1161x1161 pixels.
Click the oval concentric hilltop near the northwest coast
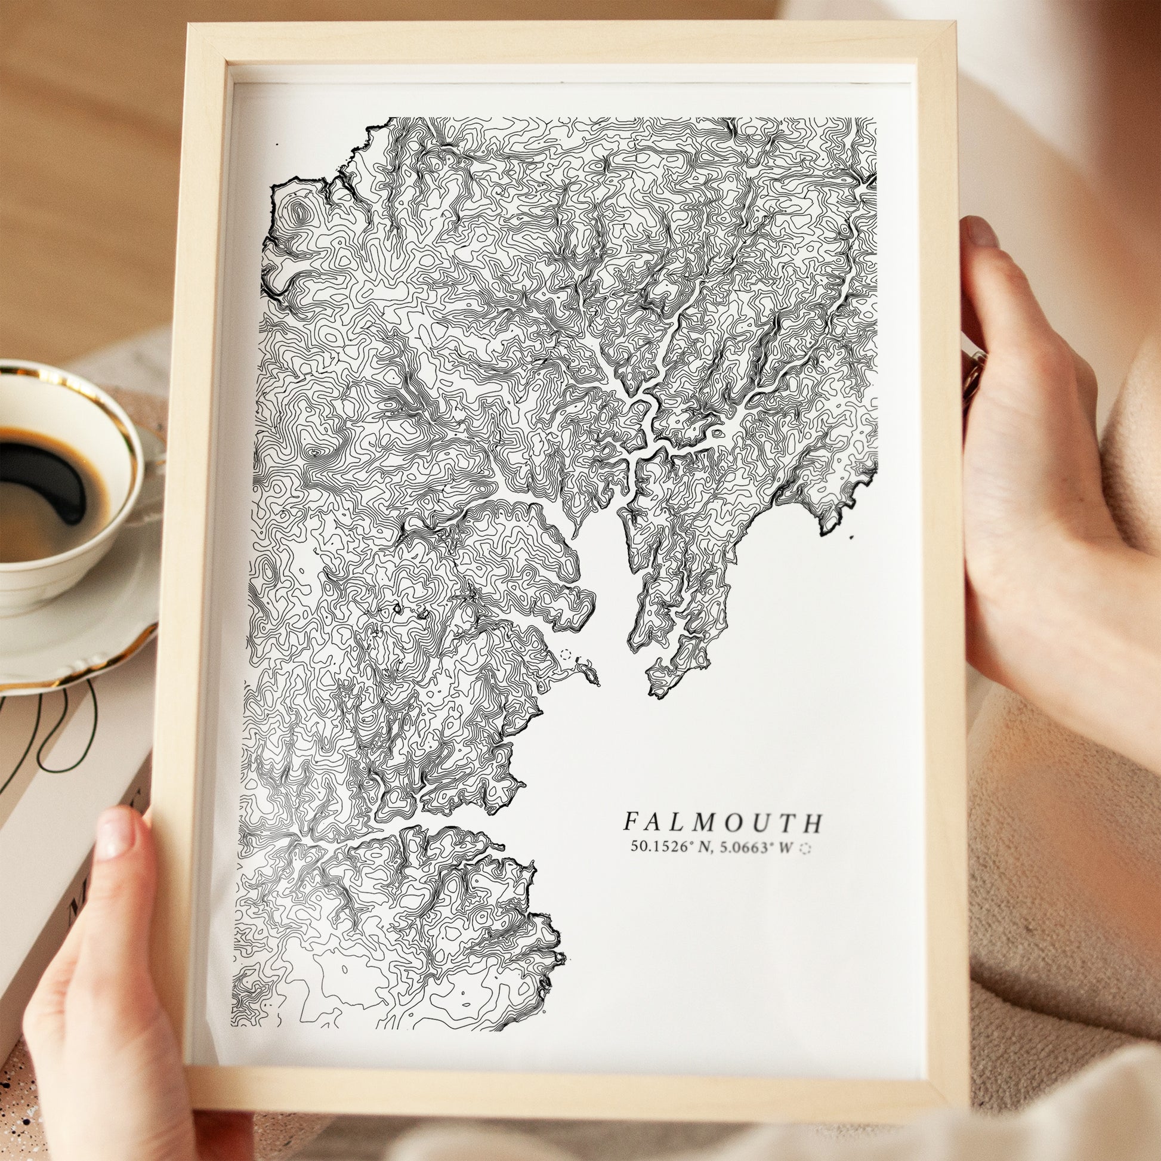coord(298,212)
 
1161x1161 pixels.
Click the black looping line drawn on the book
coord(72,739)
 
